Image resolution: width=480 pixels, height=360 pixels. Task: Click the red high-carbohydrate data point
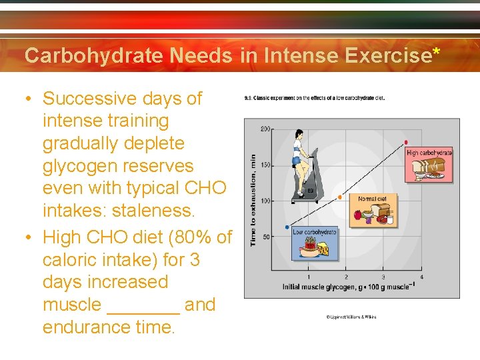pyautogui.click(x=406, y=143)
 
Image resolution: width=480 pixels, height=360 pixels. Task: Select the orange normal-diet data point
pyautogui.click(x=340, y=197)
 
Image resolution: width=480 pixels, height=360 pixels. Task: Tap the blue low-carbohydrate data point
pyautogui.click(x=287, y=227)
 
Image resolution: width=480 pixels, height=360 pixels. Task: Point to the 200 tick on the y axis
pyautogui.click(x=265, y=129)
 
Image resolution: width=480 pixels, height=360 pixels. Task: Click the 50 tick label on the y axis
pyautogui.click(x=267, y=237)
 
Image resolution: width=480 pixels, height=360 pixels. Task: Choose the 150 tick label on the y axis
pyautogui.click(x=265, y=165)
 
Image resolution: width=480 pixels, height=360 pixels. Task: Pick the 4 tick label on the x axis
pyautogui.click(x=421, y=277)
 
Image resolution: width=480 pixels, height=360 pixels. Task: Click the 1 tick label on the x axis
pyautogui.click(x=308, y=277)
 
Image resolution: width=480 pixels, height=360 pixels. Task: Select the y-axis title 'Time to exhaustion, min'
pyautogui.click(x=253, y=200)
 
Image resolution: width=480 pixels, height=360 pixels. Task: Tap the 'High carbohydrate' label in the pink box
pyautogui.click(x=429, y=153)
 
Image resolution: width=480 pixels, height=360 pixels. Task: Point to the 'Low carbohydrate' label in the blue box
pyautogui.click(x=314, y=232)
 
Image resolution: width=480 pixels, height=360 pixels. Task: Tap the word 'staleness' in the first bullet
pyautogui.click(x=151, y=211)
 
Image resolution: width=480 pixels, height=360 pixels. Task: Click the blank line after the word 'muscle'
pyautogui.click(x=143, y=305)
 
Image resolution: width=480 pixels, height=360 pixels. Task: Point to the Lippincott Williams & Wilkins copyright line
pyautogui.click(x=351, y=317)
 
